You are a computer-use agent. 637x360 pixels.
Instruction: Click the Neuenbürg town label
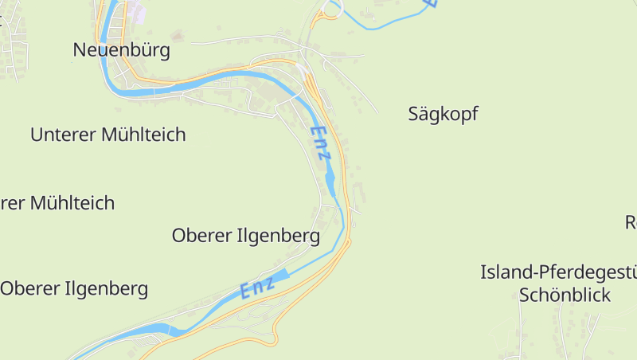pyautogui.click(x=121, y=50)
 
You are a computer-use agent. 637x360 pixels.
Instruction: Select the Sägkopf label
pyautogui.click(x=443, y=114)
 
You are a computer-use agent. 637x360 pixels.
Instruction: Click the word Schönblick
pyautogui.click(x=565, y=295)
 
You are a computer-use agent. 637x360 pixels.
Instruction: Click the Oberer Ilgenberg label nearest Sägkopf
pyautogui.click(x=246, y=236)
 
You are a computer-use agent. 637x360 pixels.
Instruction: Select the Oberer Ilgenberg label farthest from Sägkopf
pyautogui.click(x=74, y=288)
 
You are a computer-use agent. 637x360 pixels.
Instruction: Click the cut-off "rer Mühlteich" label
pyautogui.click(x=57, y=203)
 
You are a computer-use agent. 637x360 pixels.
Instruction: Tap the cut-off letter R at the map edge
pyautogui.click(x=630, y=221)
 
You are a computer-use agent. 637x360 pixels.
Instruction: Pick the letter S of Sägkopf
pyautogui.click(x=414, y=114)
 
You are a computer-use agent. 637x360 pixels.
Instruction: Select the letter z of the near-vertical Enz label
pyautogui.click(x=323, y=155)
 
